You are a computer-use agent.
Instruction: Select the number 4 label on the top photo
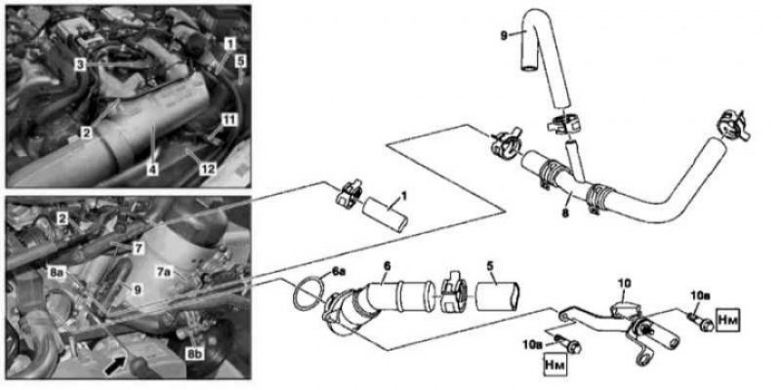coord(153,169)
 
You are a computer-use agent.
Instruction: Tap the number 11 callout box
coord(229,119)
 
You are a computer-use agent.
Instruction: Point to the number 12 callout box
coord(208,169)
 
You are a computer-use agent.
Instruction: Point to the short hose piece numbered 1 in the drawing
coord(385,214)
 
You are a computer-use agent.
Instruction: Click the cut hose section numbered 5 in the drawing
coord(496,295)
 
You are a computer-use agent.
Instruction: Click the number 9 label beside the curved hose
coord(506,35)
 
